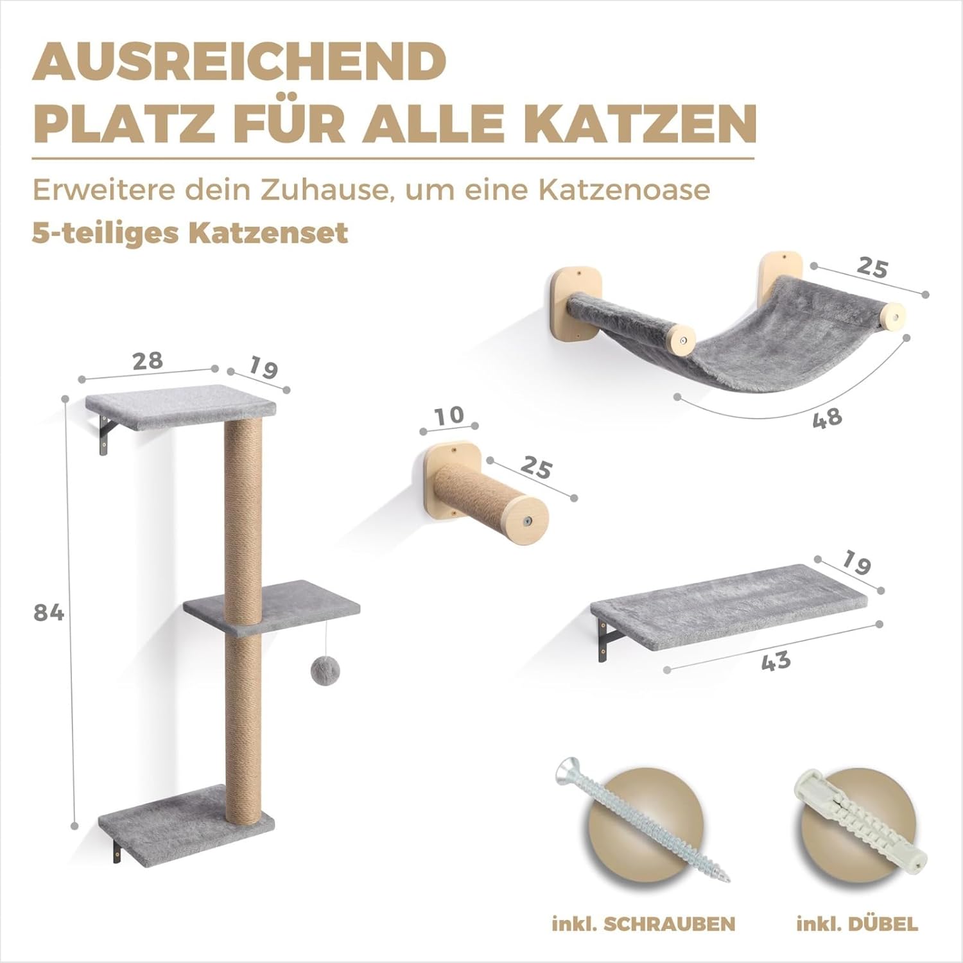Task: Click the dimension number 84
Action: click(x=49, y=614)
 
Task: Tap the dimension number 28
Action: click(x=148, y=360)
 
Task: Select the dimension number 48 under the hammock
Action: click(x=827, y=418)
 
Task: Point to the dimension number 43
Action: click(x=776, y=659)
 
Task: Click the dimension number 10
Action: click(x=449, y=415)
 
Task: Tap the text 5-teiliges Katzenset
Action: click(x=190, y=232)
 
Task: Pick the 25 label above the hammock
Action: click(x=871, y=267)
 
